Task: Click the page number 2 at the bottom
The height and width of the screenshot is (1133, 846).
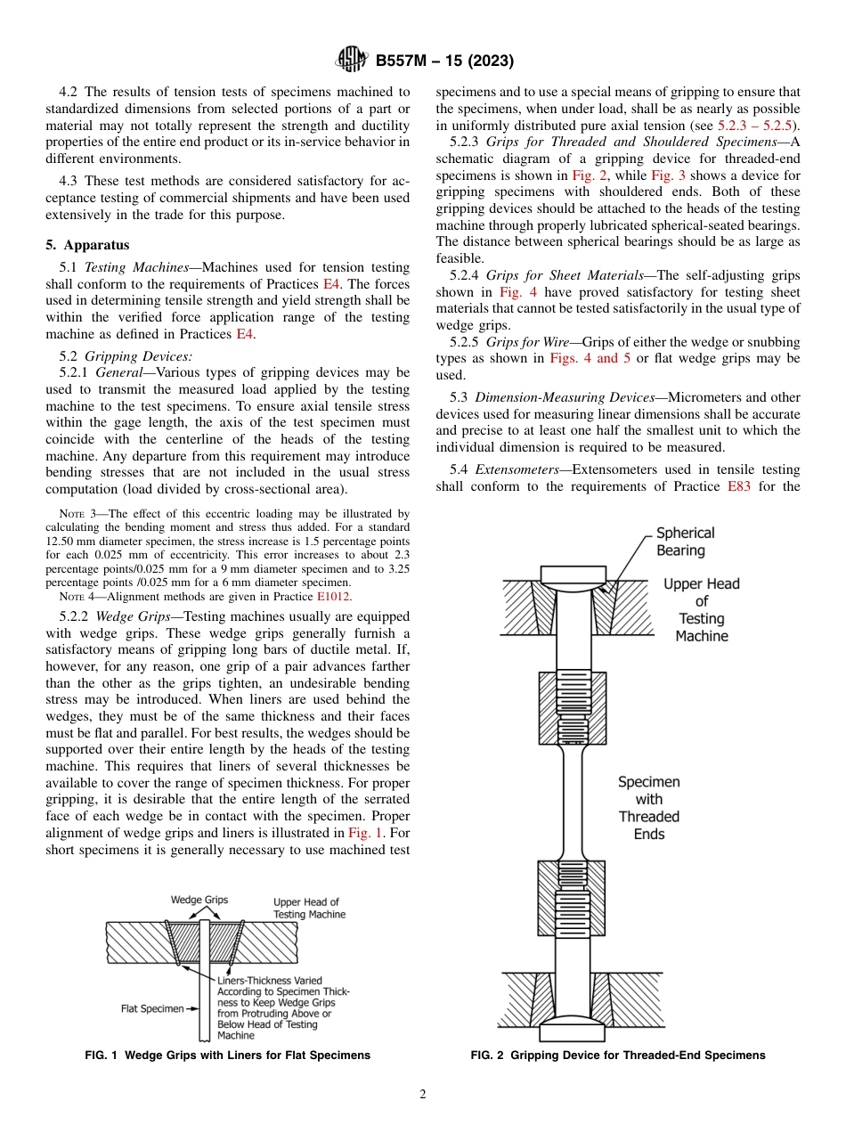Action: click(x=423, y=1095)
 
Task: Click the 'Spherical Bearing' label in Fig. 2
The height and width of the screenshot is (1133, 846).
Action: click(x=685, y=542)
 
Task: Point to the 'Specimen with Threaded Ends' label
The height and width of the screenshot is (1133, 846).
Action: click(x=649, y=808)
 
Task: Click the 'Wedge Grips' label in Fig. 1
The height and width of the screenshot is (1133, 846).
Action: click(x=199, y=900)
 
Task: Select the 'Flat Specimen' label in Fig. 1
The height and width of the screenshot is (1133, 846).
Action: click(x=153, y=1009)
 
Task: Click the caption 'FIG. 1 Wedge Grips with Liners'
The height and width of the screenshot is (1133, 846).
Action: click(x=227, y=1055)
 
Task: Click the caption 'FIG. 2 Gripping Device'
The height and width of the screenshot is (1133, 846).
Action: click(x=618, y=1055)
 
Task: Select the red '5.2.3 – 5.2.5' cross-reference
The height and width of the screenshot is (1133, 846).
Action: click(x=757, y=125)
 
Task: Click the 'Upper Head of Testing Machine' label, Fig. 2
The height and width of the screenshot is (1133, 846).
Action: click(x=702, y=610)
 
